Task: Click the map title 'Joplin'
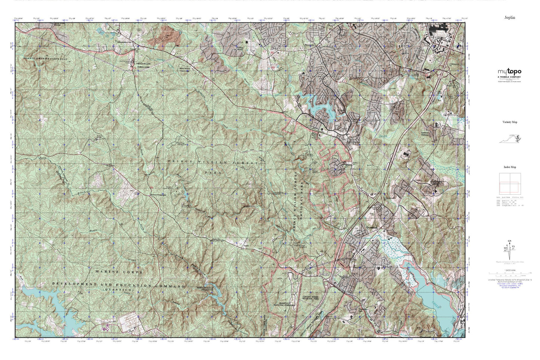(x=509, y=18)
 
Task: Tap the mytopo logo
(x=509, y=72)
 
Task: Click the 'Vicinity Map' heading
(x=509, y=122)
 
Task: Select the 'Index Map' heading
(x=509, y=168)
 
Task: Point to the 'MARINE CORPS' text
(x=118, y=272)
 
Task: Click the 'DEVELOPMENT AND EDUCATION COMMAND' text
(x=118, y=285)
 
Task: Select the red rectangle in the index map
(x=509, y=188)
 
